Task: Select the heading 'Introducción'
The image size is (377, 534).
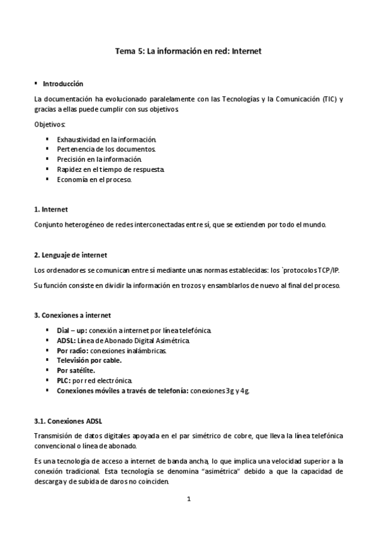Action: click(x=63, y=83)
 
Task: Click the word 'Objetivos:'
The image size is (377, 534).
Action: click(x=50, y=125)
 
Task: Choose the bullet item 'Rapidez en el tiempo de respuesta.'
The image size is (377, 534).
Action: click(x=111, y=169)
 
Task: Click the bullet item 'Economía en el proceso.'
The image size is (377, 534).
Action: click(x=94, y=179)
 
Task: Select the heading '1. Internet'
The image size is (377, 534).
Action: click(x=51, y=209)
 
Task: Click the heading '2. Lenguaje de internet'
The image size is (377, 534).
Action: click(x=70, y=254)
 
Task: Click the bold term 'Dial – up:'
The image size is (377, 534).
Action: click(x=72, y=330)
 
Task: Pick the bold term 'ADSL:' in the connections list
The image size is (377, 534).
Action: click(x=66, y=340)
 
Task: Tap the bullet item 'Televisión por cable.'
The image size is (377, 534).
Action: click(x=89, y=360)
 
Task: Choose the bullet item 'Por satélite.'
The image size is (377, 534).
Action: click(x=76, y=370)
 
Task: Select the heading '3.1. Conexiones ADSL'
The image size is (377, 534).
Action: click(x=68, y=421)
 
